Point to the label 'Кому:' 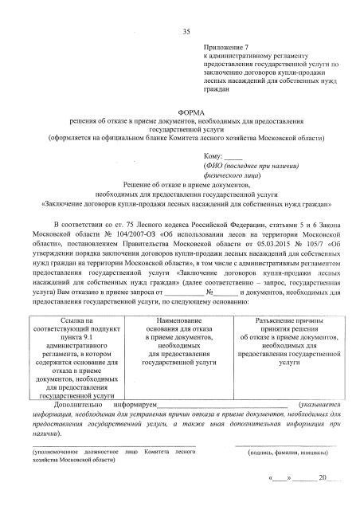213,156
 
